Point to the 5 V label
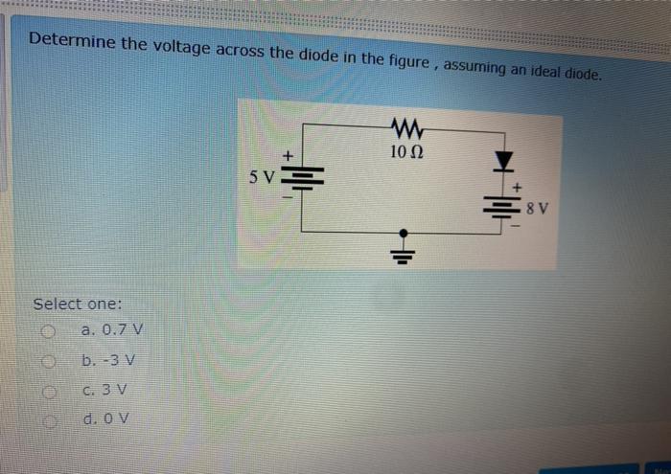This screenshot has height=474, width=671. tap(261, 177)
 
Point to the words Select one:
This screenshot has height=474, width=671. tap(78, 304)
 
